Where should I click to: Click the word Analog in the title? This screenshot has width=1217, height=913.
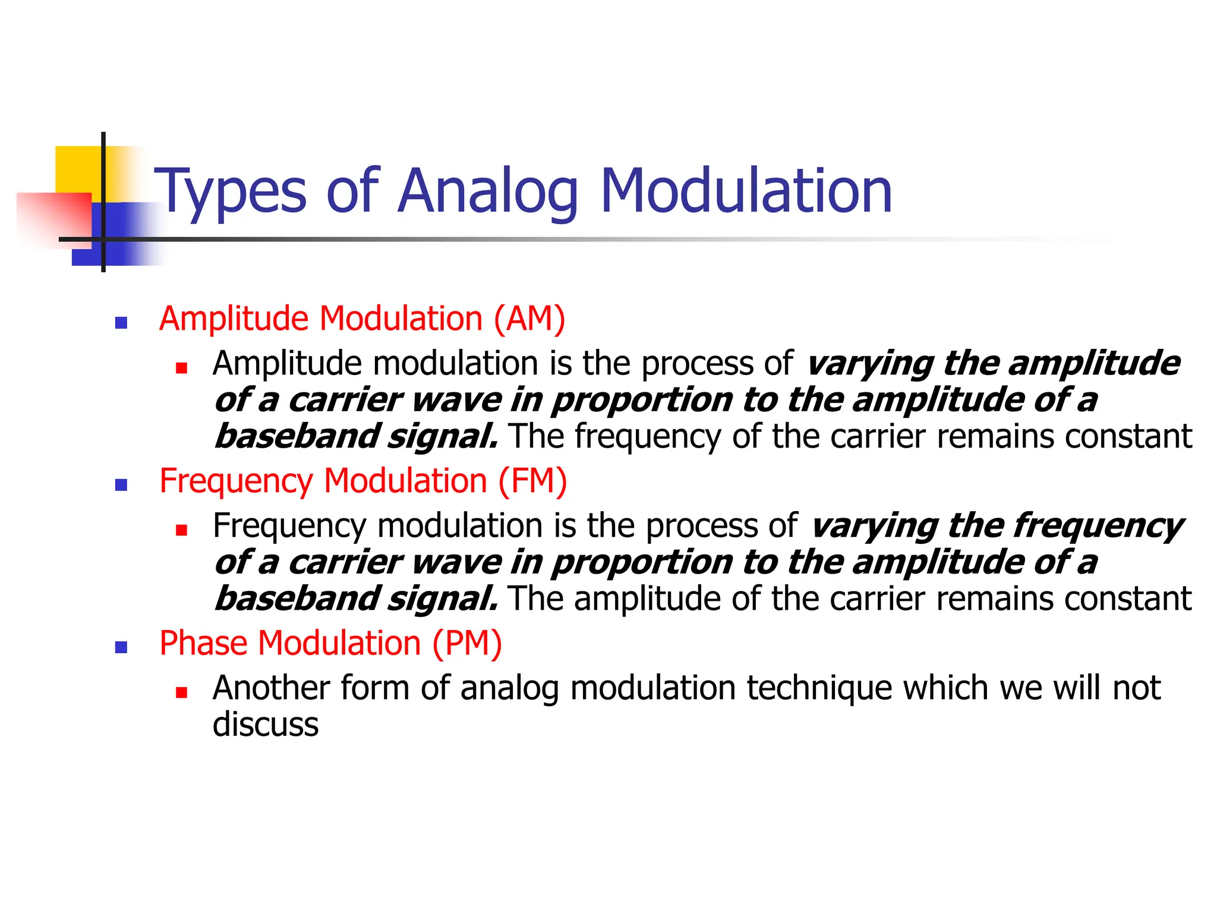(x=487, y=191)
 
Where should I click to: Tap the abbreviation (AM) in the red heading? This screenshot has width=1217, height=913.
(x=529, y=319)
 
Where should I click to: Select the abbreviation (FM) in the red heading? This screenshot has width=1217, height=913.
(x=532, y=481)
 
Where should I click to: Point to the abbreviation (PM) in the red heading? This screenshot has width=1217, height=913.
(x=467, y=643)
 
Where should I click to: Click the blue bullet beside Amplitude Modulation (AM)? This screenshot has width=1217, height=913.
(x=121, y=323)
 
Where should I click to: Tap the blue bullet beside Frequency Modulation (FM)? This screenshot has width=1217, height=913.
(x=121, y=485)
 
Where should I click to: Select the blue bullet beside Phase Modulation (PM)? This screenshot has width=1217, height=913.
(x=121, y=647)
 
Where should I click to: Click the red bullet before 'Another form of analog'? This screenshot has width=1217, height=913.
(x=182, y=692)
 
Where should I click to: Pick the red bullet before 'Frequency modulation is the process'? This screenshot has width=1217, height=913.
(x=182, y=530)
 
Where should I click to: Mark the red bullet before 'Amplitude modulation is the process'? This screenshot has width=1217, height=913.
(x=182, y=368)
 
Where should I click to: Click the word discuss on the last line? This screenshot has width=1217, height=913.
(x=266, y=725)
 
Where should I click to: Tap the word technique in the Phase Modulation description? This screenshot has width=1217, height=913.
(x=819, y=688)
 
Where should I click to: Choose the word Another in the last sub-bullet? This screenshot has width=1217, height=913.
(x=271, y=688)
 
